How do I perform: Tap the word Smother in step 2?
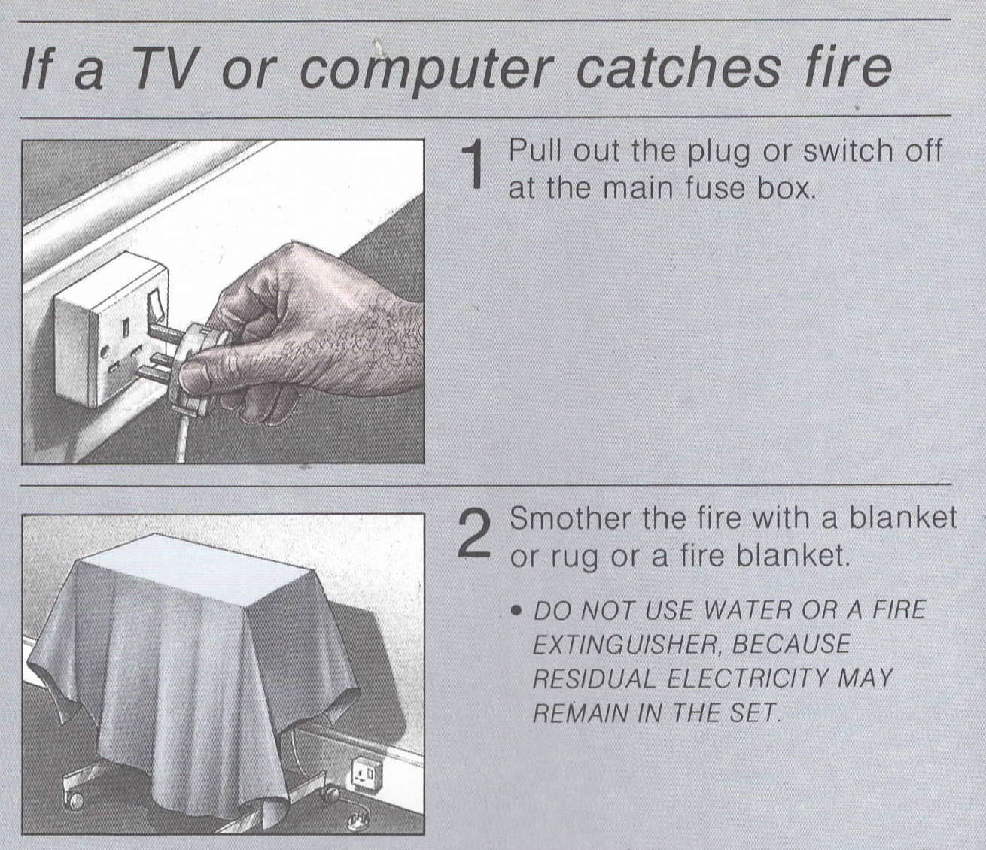[571, 518]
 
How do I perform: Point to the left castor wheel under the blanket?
[76, 801]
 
